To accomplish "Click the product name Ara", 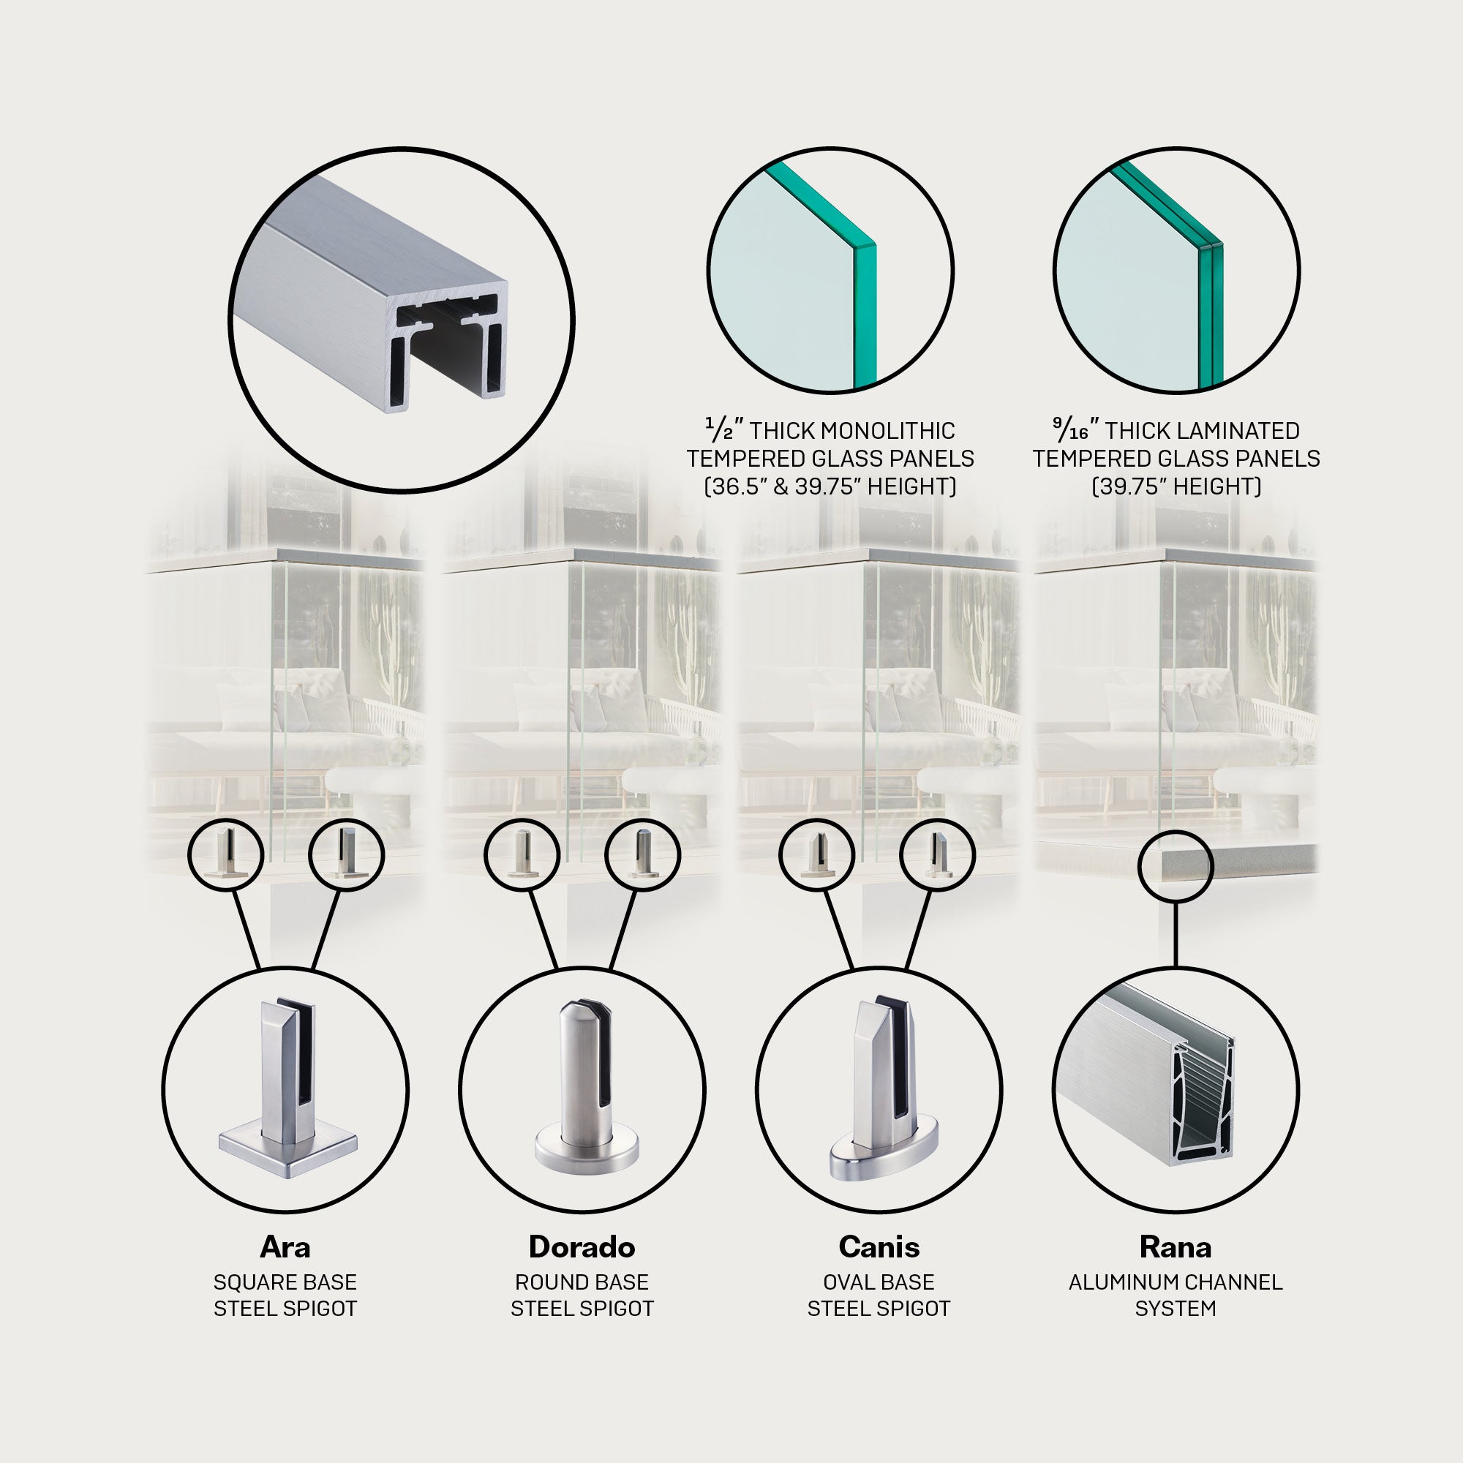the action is (x=285, y=1247).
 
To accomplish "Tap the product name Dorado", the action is (x=582, y=1247).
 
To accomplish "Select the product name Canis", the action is (x=879, y=1247).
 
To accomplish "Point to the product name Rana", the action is (x=1176, y=1247).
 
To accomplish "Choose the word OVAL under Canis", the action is (x=846, y=1283).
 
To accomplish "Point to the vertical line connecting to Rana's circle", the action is (x=1176, y=934).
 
